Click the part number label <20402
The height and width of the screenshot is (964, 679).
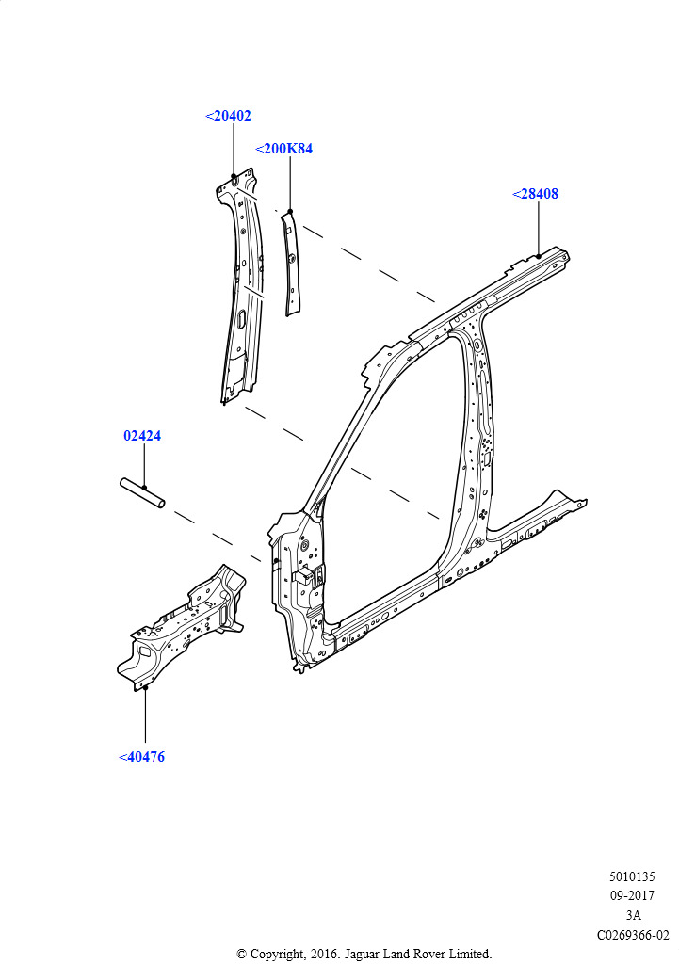228,116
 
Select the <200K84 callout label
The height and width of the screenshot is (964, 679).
283,149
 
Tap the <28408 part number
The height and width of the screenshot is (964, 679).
535,194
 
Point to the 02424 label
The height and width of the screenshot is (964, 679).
142,436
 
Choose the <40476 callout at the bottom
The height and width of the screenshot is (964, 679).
141,757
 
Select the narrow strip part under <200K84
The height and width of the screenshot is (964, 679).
291,263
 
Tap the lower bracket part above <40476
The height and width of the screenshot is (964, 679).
182,627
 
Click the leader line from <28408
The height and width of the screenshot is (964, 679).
538,228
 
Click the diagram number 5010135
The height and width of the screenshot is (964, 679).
632,876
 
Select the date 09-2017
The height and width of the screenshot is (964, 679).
632,896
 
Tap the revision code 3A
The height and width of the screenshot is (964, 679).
634,915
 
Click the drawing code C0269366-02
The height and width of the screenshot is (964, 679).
633,935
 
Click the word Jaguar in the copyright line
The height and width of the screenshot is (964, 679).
362,955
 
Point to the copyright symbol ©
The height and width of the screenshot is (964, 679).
242,955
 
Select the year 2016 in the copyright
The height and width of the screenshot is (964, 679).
325,955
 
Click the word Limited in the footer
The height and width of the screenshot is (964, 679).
470,955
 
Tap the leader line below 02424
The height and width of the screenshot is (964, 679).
144,466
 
